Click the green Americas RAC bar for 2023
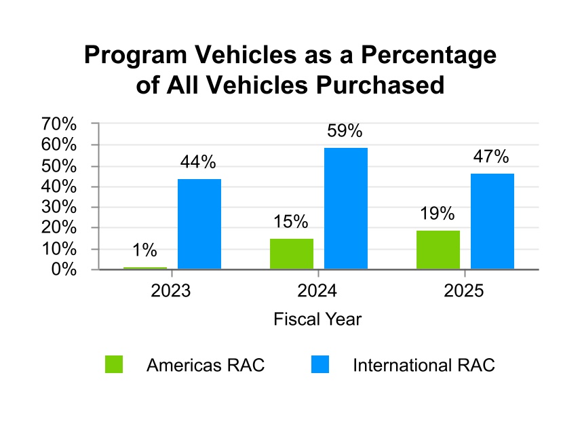coord(145,268)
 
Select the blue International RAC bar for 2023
coord(199,224)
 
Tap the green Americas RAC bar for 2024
coord(292,254)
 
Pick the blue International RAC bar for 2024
coord(346,208)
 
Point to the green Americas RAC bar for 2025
coord(438,250)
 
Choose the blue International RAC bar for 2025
coord(492,221)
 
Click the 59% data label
coord(345,131)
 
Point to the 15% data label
coord(291,222)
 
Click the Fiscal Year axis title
coord(317,319)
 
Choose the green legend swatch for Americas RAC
coord(114,365)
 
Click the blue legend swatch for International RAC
coord(320,365)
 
